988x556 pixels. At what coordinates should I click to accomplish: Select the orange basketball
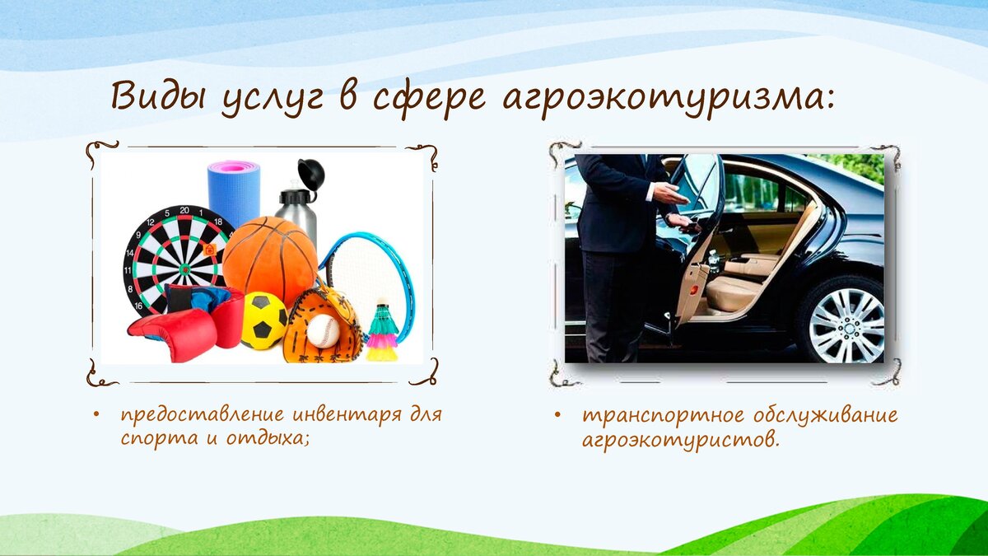point(270,261)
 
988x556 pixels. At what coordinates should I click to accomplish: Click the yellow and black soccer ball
point(263,320)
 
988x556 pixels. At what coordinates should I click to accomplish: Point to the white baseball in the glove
point(323,331)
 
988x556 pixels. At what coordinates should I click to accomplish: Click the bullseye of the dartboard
point(184,268)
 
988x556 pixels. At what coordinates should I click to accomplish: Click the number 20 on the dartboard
point(184,210)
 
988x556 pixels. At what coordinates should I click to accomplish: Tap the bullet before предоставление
point(96,414)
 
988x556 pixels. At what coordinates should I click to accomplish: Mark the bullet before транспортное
point(557,415)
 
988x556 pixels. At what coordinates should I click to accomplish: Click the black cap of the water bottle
point(311,174)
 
